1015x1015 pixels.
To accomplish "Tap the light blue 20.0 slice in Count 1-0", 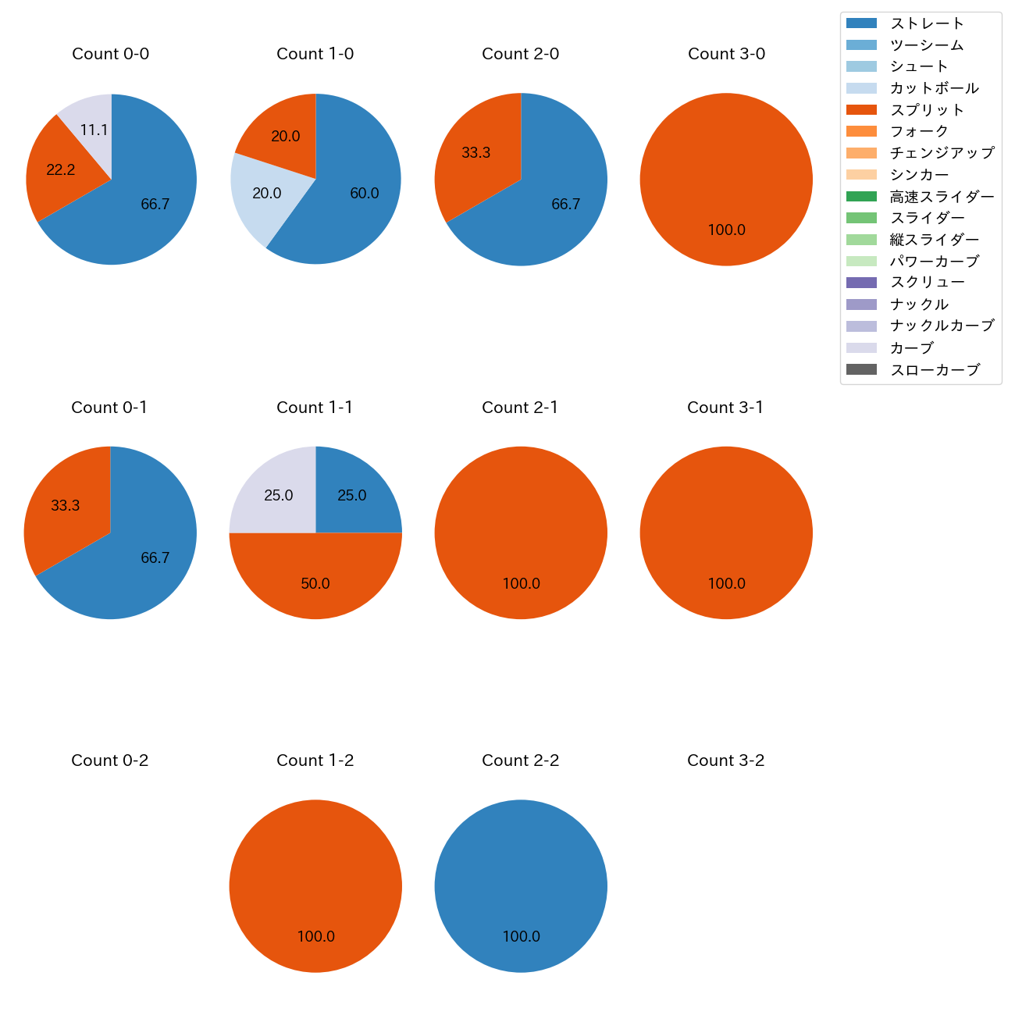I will (x=265, y=194).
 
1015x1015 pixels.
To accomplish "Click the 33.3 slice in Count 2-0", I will (x=475, y=153).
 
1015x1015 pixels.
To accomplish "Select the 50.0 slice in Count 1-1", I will (x=315, y=583).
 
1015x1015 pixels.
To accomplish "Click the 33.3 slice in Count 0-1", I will (x=65, y=506).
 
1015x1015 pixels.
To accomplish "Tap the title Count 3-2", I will (x=725, y=760).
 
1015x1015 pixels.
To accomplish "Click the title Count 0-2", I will (x=110, y=760).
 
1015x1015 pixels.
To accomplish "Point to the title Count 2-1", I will (x=520, y=408).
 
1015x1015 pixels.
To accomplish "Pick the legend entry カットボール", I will (x=934, y=88).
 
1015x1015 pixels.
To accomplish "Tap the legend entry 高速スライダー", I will (x=942, y=197).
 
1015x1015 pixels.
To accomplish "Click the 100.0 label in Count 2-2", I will (x=521, y=936).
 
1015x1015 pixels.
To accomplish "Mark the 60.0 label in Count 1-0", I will (x=365, y=194).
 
